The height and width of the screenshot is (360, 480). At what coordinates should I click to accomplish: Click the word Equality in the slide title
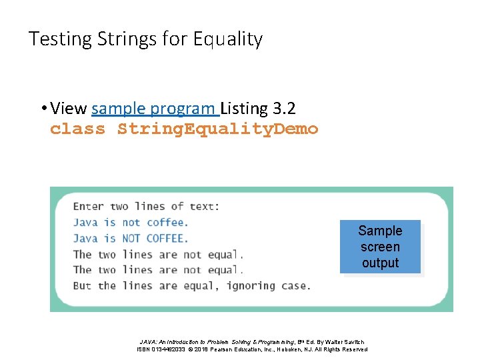click(228, 39)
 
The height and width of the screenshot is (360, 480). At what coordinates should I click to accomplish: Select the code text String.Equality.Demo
click(218, 129)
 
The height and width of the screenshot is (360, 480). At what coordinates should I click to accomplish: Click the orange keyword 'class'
click(77, 129)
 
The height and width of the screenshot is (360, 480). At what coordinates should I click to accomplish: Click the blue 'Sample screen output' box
click(380, 247)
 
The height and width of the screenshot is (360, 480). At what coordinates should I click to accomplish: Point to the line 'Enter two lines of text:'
click(146, 206)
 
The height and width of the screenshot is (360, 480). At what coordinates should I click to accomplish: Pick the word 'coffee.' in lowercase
click(167, 222)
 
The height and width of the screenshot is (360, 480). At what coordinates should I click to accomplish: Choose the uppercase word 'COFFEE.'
click(167, 238)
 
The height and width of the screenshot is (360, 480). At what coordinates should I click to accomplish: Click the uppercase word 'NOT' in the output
click(131, 238)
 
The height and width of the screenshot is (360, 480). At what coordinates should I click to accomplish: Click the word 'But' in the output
click(82, 285)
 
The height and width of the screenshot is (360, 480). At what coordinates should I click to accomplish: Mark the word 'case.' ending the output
click(295, 285)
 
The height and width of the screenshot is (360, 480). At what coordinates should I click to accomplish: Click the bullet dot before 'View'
click(42, 109)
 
